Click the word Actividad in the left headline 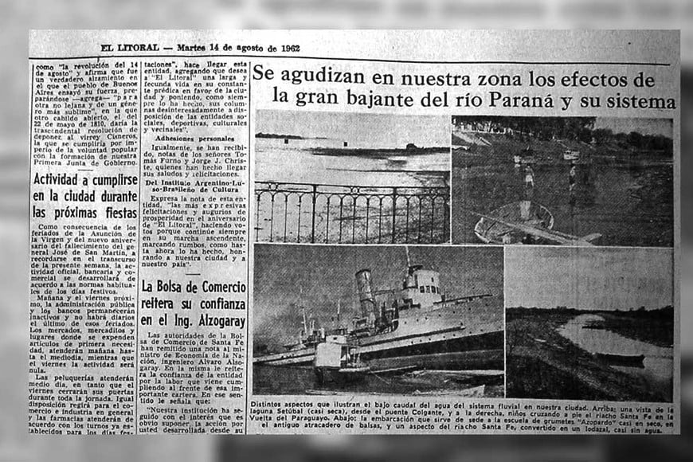click(x=65, y=180)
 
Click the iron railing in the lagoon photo click(x=350, y=211)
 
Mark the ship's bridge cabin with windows click(x=423, y=282)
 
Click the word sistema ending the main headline click(x=639, y=101)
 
